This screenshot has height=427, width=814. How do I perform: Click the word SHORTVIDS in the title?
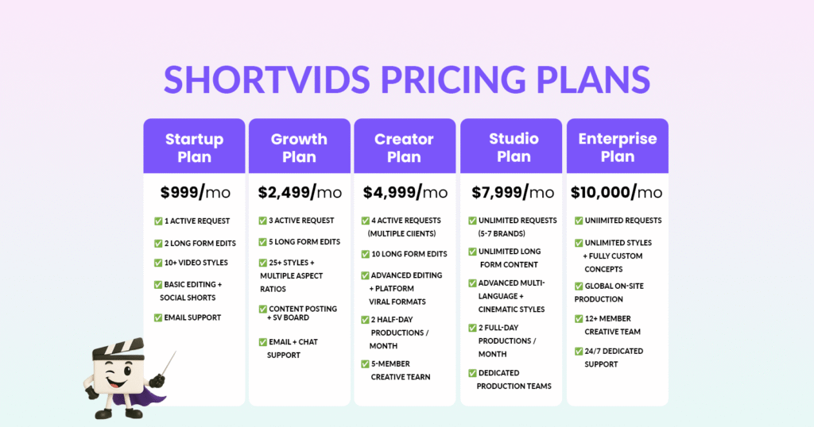pos(267,80)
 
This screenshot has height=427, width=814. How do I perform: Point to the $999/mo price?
pos(196,192)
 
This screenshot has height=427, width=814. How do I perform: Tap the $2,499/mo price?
pos(300,192)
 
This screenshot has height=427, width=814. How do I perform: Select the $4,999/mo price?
pos(405,192)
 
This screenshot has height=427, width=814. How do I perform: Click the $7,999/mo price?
pos(513,192)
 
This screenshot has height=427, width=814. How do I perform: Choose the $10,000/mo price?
pos(617,192)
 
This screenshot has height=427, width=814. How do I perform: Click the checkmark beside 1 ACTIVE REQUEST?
pos(158,221)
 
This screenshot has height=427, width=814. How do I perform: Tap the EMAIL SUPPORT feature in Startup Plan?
pos(192,317)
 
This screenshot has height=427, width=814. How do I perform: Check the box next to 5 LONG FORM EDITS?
pos(262,242)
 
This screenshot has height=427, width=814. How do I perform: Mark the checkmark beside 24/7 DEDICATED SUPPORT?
pos(579,352)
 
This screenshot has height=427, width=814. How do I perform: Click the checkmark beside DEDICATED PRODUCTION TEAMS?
pos(472,373)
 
